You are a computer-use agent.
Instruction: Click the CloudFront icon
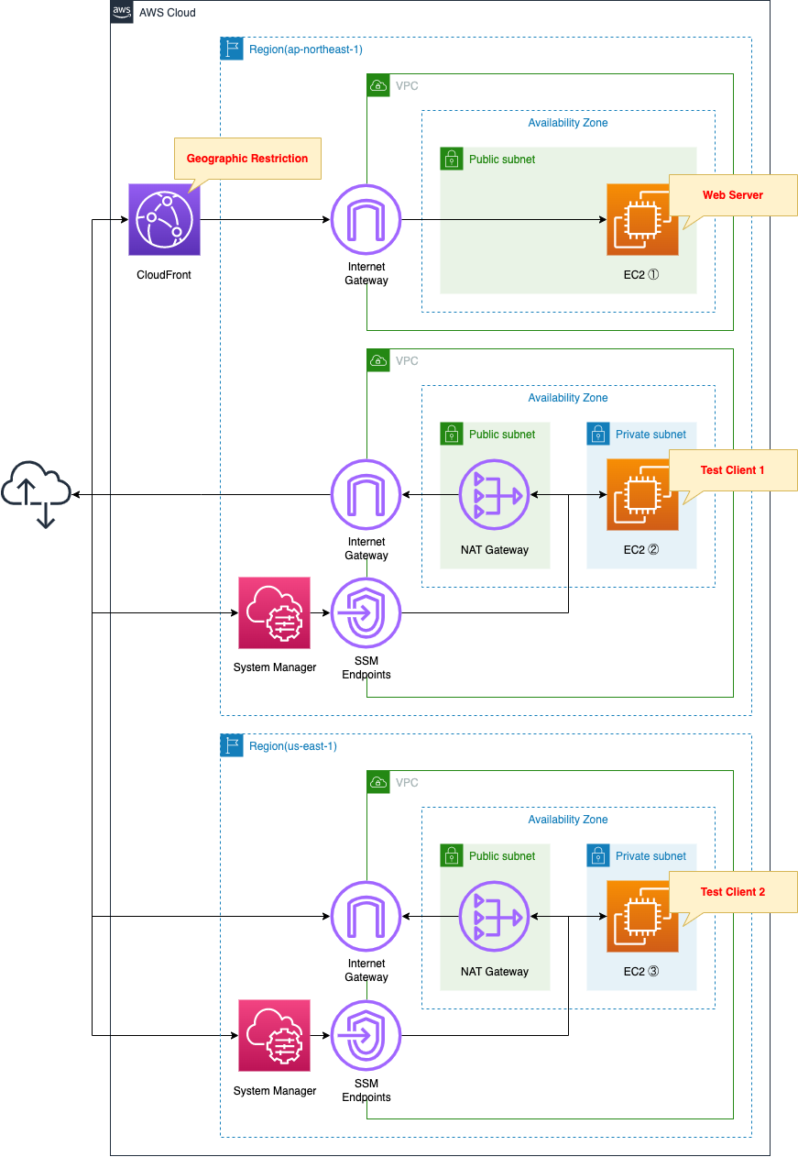click(164, 220)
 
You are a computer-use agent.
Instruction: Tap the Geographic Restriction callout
click(247, 159)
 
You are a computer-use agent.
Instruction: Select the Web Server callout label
click(733, 195)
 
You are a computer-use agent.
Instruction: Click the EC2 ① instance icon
click(642, 220)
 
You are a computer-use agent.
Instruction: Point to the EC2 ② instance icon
click(642, 495)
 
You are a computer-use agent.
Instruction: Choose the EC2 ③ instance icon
click(642, 917)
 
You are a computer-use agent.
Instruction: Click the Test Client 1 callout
click(733, 470)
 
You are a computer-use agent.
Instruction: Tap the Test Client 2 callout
click(733, 892)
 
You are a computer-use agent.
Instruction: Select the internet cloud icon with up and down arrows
click(36, 495)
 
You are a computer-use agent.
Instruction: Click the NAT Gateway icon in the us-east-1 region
click(495, 917)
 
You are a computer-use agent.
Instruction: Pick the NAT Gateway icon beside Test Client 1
click(495, 495)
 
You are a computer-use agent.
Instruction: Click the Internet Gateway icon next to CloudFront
click(366, 220)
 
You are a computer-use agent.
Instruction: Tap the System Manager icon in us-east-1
click(274, 1035)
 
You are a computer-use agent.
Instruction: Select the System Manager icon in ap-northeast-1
click(274, 612)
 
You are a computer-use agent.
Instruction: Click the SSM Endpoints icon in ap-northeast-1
click(366, 612)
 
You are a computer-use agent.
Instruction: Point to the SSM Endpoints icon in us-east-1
click(366, 1035)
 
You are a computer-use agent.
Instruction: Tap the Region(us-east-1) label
click(292, 746)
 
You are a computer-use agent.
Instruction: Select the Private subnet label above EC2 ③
click(650, 856)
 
